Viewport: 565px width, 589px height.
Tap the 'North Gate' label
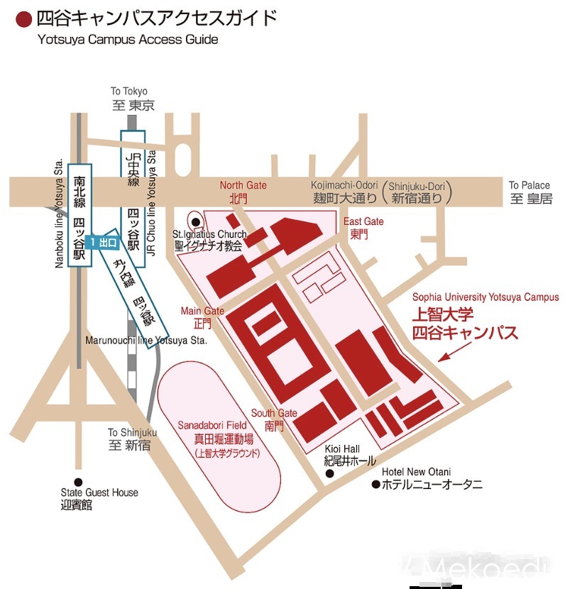click(x=243, y=185)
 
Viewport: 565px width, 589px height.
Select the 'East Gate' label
click(x=363, y=221)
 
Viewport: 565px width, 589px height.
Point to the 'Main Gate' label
click(x=202, y=311)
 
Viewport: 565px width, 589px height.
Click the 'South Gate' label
click(x=274, y=413)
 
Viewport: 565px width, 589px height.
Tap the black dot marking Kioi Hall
click(x=329, y=473)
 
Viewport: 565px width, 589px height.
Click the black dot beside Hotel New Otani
click(x=375, y=485)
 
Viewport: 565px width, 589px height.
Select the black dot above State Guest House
click(x=78, y=481)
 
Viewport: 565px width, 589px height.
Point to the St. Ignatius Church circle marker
click(x=196, y=221)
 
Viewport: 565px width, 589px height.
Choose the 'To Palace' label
click(x=529, y=185)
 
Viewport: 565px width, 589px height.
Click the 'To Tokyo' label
click(x=129, y=92)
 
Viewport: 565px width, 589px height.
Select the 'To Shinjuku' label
click(x=132, y=432)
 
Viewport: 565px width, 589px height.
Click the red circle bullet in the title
click(x=23, y=18)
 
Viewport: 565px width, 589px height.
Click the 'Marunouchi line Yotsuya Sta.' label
click(x=146, y=340)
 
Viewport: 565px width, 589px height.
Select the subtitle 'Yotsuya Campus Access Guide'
click(x=128, y=40)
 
